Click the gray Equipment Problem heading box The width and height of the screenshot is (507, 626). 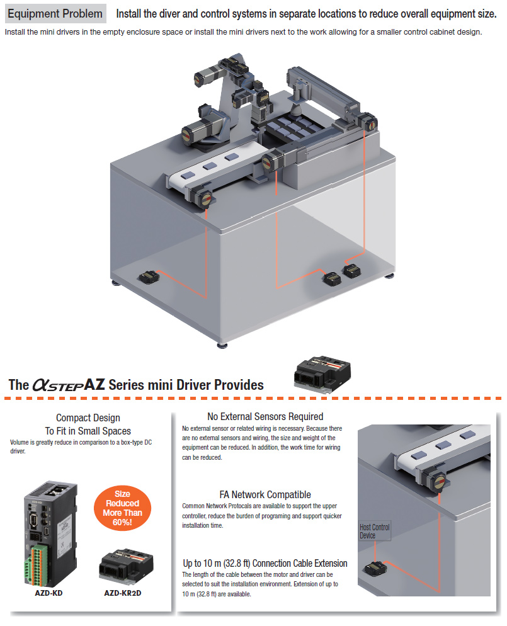[x=55, y=13]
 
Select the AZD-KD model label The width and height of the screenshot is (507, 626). [x=50, y=593]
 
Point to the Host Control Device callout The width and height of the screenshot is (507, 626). [x=374, y=531]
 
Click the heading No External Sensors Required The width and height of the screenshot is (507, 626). [x=265, y=416]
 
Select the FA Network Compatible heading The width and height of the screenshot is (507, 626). [x=265, y=494]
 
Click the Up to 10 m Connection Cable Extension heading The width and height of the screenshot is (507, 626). [x=265, y=563]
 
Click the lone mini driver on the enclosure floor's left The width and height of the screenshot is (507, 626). [x=149, y=276]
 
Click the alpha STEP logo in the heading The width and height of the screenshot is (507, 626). [x=57, y=385]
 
